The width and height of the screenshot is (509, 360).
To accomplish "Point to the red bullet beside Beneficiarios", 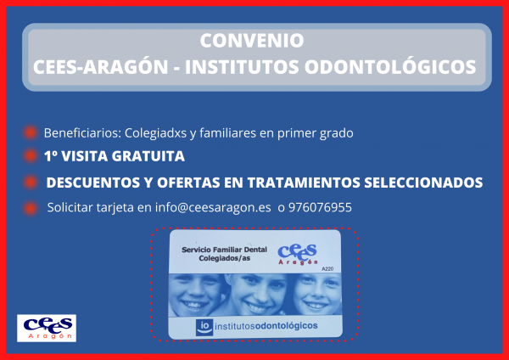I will coord(29,132).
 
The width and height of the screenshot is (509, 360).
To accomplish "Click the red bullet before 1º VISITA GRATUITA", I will coord(29,156).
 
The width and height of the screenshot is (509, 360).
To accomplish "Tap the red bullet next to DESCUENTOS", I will coord(29,183).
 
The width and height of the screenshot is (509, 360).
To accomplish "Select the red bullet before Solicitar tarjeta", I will coord(29,207).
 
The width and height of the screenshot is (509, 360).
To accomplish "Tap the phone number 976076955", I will coord(320,207).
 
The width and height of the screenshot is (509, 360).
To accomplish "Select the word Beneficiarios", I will coord(81,132).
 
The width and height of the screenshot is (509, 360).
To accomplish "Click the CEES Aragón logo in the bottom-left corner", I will coord(48,328).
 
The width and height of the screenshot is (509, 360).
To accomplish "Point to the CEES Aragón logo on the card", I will coord(297,253).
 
